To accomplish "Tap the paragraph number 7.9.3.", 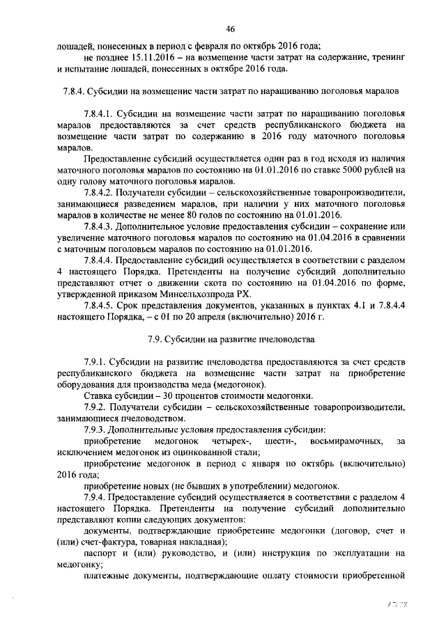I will coord(97,430).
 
